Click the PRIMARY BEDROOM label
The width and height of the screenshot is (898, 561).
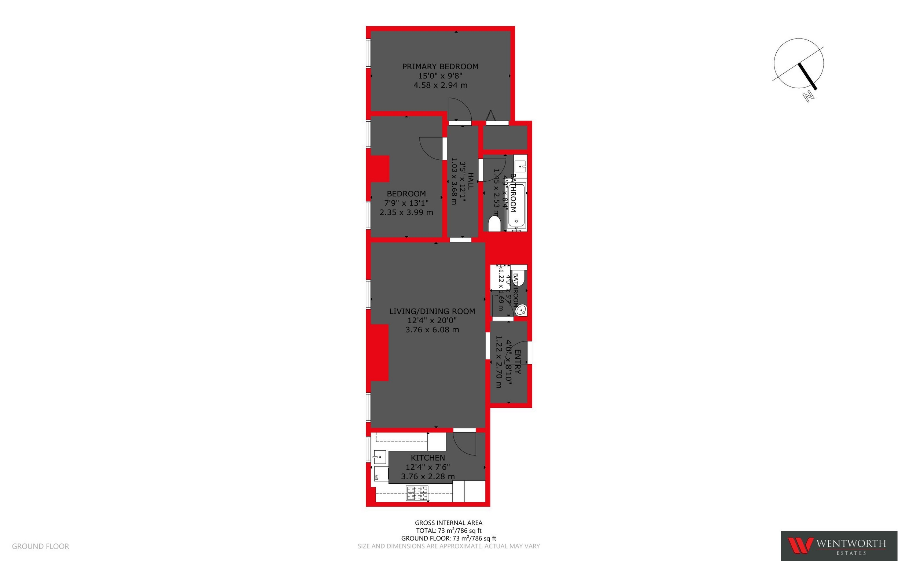point(440,66)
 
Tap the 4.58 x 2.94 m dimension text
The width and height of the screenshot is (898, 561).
point(440,85)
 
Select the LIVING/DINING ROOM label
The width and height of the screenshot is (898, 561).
point(432,311)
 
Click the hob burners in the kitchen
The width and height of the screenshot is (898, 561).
point(417,494)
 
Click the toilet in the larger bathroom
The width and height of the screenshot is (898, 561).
point(494,224)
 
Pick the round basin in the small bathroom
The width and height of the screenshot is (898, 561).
point(521,310)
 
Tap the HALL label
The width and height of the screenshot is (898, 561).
point(471,181)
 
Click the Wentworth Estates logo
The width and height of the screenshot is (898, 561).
point(839,546)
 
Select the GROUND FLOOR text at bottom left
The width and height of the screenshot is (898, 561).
point(40,546)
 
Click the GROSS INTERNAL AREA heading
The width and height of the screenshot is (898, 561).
point(448,523)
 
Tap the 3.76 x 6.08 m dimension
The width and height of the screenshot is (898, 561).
point(432,330)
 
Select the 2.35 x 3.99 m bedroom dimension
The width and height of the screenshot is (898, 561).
point(406,213)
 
